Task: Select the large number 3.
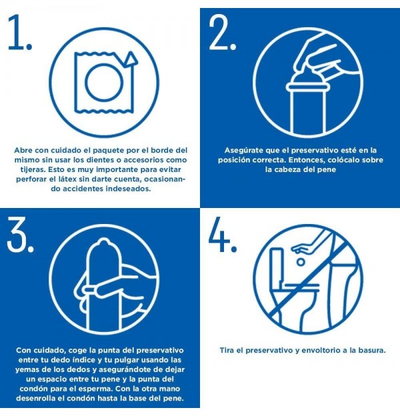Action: [x=21, y=234]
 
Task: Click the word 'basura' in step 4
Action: [x=369, y=350]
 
